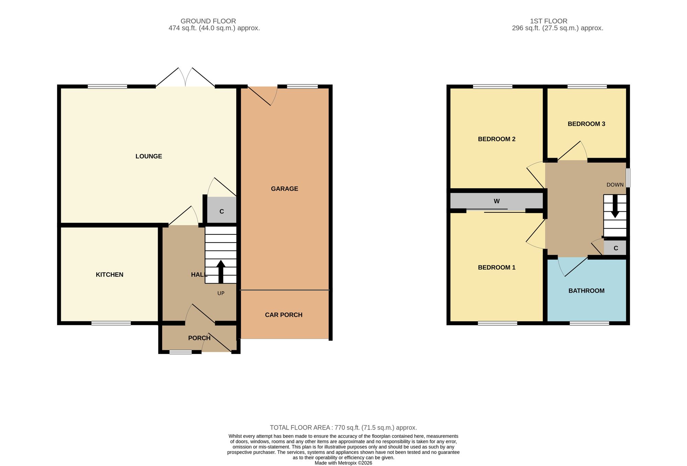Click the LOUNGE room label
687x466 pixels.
[149, 156]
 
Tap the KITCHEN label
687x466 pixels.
[110, 275]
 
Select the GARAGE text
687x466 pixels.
[284, 189]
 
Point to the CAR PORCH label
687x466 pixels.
[284, 315]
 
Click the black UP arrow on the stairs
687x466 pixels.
[221, 271]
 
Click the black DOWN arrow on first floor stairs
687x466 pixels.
[615, 206]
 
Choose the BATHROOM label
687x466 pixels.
[586, 291]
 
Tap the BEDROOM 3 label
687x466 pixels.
[586, 124]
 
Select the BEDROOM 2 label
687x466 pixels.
[497, 139]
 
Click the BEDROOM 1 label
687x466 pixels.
[497, 267]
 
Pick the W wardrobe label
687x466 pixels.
[497, 201]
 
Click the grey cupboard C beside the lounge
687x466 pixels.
[222, 210]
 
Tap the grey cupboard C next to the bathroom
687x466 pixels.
[616, 248]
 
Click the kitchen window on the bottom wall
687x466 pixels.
[111, 323]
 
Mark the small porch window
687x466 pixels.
[180, 352]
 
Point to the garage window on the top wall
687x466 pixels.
[302, 86]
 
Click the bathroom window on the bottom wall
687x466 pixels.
[589, 323]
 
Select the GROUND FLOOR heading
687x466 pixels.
[208, 21]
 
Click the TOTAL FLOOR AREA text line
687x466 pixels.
[343, 428]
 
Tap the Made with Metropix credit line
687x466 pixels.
[343, 463]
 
